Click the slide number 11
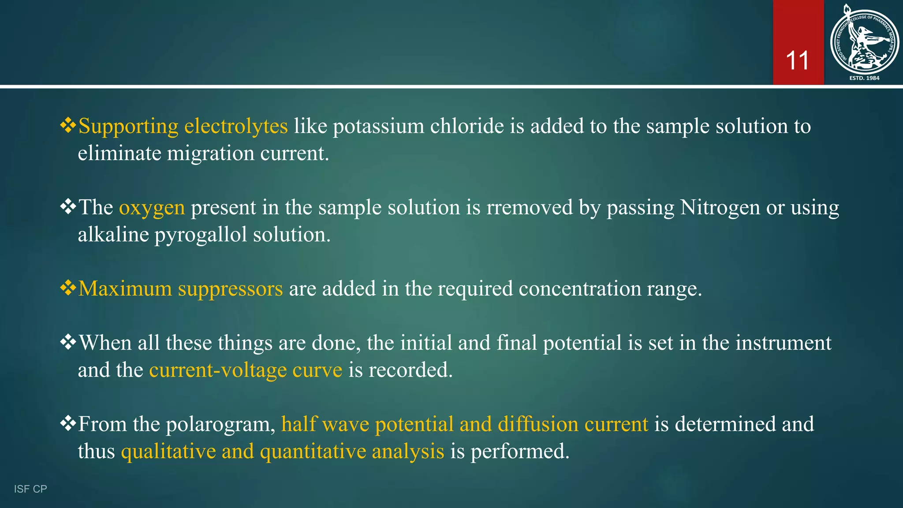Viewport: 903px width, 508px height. point(797,61)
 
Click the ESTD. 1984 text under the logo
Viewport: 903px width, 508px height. point(864,78)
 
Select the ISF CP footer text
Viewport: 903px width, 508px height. point(30,489)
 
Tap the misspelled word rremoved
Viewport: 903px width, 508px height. point(529,207)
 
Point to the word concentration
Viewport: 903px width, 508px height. point(579,289)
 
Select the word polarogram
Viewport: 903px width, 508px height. point(220,425)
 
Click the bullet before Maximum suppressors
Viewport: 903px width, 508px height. point(68,288)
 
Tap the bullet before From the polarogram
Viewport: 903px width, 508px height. point(68,424)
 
